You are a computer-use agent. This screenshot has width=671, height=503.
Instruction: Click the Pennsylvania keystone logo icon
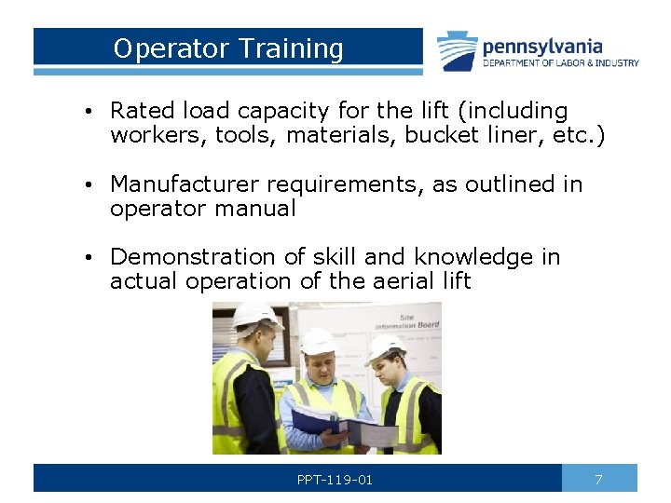click(458, 51)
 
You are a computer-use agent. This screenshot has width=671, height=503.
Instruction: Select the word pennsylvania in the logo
click(542, 46)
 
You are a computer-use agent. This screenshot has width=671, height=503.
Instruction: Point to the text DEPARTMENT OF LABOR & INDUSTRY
click(560, 63)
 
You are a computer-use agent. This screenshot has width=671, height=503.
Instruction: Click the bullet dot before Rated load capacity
click(86, 112)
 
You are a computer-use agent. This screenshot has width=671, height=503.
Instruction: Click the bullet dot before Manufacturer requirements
click(86, 185)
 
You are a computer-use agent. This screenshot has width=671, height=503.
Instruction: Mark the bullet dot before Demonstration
click(86, 258)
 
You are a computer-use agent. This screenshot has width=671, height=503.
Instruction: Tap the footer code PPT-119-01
click(335, 480)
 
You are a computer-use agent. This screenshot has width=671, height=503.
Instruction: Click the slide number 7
click(598, 479)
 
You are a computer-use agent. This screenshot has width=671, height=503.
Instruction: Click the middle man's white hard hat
click(318, 342)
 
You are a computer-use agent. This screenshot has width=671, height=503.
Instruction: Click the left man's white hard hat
click(254, 315)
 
